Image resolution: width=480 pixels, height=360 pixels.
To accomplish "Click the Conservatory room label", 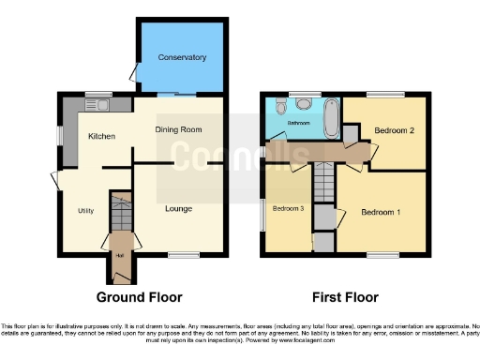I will (182, 58).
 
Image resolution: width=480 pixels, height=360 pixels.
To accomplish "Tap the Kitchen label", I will (101, 137).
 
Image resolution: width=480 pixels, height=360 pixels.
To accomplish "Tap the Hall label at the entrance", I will (119, 253).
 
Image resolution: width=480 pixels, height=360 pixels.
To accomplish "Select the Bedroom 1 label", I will (381, 213).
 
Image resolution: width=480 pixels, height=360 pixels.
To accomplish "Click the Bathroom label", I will (298, 123).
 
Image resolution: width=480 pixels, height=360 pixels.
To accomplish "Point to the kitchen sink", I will (97, 103).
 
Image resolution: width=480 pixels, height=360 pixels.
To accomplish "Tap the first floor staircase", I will (323, 178).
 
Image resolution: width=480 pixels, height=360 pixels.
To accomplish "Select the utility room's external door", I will (55, 180).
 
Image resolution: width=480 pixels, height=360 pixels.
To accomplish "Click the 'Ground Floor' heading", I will (140, 297).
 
